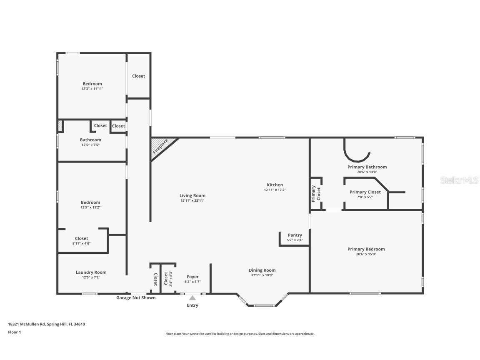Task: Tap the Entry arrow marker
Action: pos(192,297)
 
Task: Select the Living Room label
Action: pos(192,195)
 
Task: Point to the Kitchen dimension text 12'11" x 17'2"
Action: pos(275,190)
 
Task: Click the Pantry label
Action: pos(295,235)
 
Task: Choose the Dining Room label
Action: pos(262,270)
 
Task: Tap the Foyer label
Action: pos(192,277)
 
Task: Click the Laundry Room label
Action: pos(91,272)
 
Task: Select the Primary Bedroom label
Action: pos(366,249)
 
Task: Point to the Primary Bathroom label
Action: pos(367,167)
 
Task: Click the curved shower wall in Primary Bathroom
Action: pos(357,157)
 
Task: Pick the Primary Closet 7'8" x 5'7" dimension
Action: pos(365,197)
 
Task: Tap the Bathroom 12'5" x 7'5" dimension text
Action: pos(90,145)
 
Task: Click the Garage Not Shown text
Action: pos(135,297)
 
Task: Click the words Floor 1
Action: pos(14,332)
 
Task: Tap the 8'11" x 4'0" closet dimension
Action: pos(81,243)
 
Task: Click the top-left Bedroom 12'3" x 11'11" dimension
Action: pos(92,89)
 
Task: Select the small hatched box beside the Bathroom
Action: pos(60,126)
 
